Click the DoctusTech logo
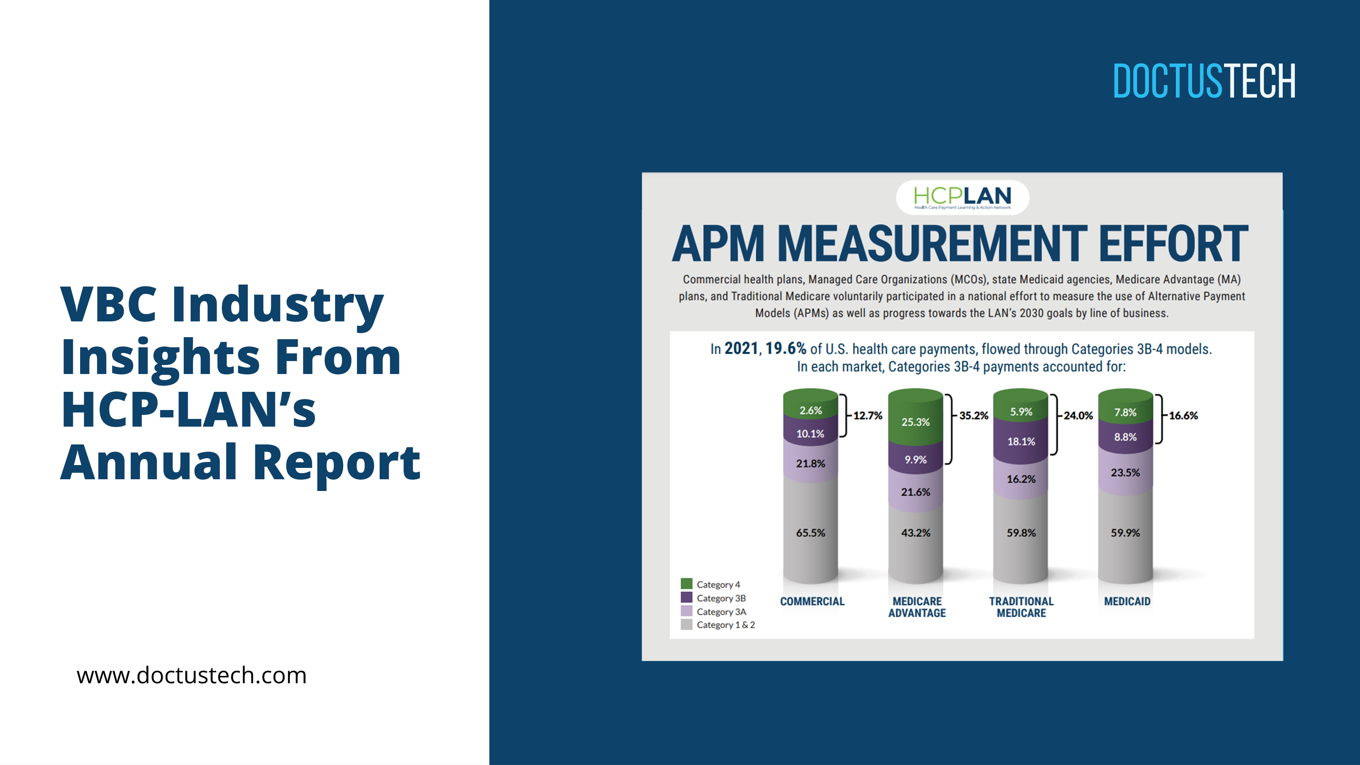pyautogui.click(x=1204, y=81)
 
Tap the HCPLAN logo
pyautogui.click(x=962, y=197)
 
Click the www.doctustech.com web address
pyautogui.click(x=191, y=675)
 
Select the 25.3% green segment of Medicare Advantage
pyautogui.click(x=916, y=422)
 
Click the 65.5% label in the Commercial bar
pyautogui.click(x=810, y=533)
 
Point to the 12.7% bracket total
pyautogui.click(x=867, y=416)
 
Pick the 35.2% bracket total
pyautogui.click(x=973, y=416)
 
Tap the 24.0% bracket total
pyautogui.click(x=1078, y=416)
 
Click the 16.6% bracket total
pyautogui.click(x=1183, y=416)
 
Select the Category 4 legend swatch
pyautogui.click(x=686, y=583)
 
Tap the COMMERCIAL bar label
pyautogui.click(x=812, y=601)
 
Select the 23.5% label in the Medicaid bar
pyautogui.click(x=1125, y=472)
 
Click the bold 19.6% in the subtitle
pyautogui.click(x=786, y=348)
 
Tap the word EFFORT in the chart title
pyautogui.click(x=1173, y=244)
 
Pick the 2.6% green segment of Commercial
pyautogui.click(x=810, y=410)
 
